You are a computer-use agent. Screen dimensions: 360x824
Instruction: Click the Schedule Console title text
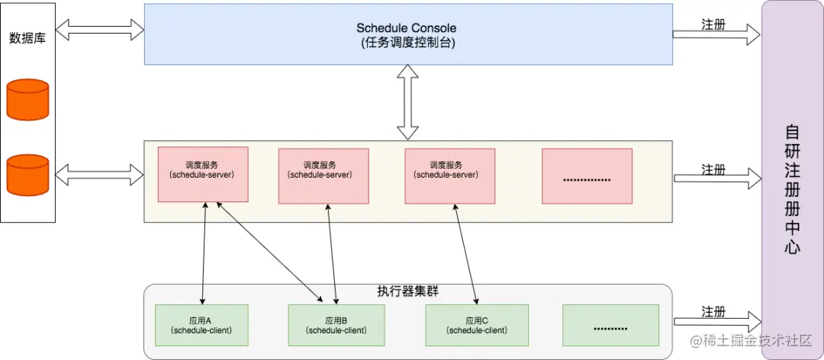(x=407, y=28)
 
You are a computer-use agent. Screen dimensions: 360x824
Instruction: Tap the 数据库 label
(x=27, y=37)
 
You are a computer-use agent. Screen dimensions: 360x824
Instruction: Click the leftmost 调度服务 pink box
(x=203, y=175)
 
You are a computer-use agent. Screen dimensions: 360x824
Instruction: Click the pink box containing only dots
(x=587, y=176)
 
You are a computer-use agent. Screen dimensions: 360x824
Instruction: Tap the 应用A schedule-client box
(x=202, y=324)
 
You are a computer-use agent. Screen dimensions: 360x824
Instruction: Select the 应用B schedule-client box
(x=336, y=324)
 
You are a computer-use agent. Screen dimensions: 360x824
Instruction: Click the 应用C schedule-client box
(x=477, y=324)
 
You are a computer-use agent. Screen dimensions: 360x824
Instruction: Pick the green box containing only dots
(x=610, y=324)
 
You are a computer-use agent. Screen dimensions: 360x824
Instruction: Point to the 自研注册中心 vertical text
(x=793, y=189)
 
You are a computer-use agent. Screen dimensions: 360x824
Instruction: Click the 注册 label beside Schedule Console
(x=713, y=24)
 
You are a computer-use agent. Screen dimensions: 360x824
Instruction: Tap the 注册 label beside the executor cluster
(x=713, y=312)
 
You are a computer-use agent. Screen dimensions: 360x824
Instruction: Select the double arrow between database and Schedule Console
(x=100, y=30)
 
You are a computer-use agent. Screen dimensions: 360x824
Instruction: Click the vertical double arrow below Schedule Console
(x=408, y=102)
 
